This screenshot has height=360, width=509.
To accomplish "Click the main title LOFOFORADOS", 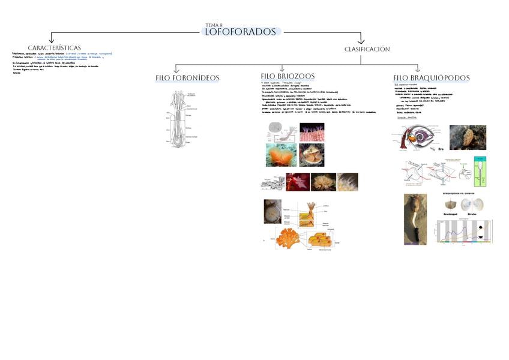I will tap(241, 32).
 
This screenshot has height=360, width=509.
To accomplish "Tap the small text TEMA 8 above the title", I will tap(214, 25).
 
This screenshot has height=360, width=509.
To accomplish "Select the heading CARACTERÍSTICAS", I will tap(54, 48).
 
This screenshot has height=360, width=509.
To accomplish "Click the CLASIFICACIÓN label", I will tap(367, 49).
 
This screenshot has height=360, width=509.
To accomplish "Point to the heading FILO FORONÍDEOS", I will tap(187, 78).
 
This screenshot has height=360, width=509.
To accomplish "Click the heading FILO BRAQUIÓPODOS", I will tap(431, 78).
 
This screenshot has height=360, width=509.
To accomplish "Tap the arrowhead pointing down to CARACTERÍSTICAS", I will tap(52, 40).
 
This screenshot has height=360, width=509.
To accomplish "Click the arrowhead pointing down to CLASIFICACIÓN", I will tap(361, 40).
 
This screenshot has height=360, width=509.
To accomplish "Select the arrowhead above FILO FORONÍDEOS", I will tap(176, 71).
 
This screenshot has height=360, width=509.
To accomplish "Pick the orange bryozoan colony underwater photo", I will tap(281, 155).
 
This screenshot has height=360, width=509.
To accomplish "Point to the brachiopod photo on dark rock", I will tap(468, 137).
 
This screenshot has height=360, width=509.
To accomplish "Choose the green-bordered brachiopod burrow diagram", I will tap(480, 171).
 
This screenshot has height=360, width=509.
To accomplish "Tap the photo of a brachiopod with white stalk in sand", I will tap(415, 218).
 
